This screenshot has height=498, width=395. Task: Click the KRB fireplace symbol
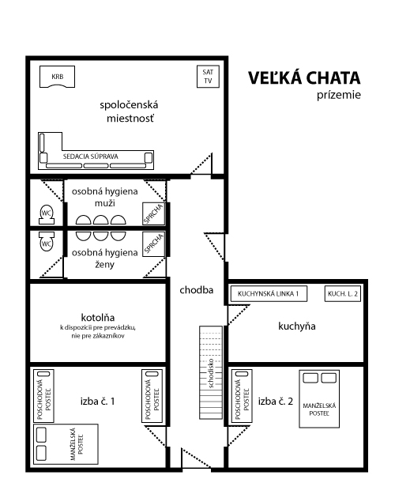(x=57, y=77)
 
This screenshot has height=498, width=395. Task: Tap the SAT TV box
(x=208, y=77)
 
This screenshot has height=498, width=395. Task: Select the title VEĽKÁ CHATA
(x=304, y=78)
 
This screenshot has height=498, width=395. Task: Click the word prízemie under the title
(x=338, y=95)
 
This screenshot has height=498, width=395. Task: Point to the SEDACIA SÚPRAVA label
(x=91, y=157)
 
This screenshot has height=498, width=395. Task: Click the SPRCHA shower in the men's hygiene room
(x=154, y=213)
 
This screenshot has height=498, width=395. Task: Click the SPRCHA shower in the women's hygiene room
(x=154, y=244)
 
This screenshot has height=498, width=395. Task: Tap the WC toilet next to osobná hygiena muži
(x=47, y=214)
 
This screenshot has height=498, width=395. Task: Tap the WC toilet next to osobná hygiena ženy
(x=47, y=242)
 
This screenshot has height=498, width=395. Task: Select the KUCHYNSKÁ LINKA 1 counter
(x=269, y=293)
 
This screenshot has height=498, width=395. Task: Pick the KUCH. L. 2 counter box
(x=343, y=293)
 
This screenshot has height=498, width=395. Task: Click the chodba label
(x=196, y=290)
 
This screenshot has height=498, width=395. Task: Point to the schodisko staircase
(x=211, y=372)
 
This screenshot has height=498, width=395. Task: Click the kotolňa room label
(x=98, y=317)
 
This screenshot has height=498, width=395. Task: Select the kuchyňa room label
(x=297, y=326)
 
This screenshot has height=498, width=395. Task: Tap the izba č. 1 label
(x=97, y=401)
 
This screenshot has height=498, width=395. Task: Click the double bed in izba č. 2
(x=319, y=399)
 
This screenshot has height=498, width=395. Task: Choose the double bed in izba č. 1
(x=66, y=444)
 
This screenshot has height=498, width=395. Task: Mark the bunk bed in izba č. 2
(x=242, y=396)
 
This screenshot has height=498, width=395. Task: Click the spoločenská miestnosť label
(x=130, y=111)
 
